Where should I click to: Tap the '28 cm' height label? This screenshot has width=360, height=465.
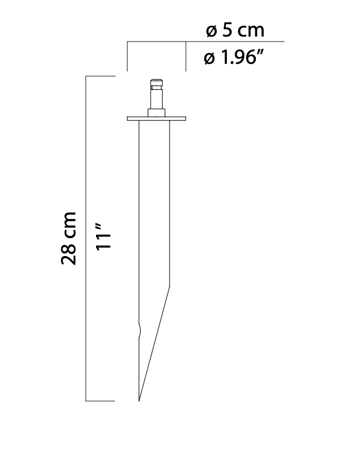point(69,239)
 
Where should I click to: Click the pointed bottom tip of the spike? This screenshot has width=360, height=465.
point(139,400)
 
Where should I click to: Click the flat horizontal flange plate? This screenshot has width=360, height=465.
point(157,118)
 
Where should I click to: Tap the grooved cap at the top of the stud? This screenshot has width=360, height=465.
point(157,85)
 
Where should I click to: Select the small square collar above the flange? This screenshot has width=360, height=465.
point(157,112)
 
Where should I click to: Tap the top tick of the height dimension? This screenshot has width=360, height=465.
point(101,76)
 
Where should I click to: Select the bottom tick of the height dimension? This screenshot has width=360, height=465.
point(101,401)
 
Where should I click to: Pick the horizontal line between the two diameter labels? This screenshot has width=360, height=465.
point(235,41)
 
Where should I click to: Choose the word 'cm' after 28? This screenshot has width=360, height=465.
point(69,224)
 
